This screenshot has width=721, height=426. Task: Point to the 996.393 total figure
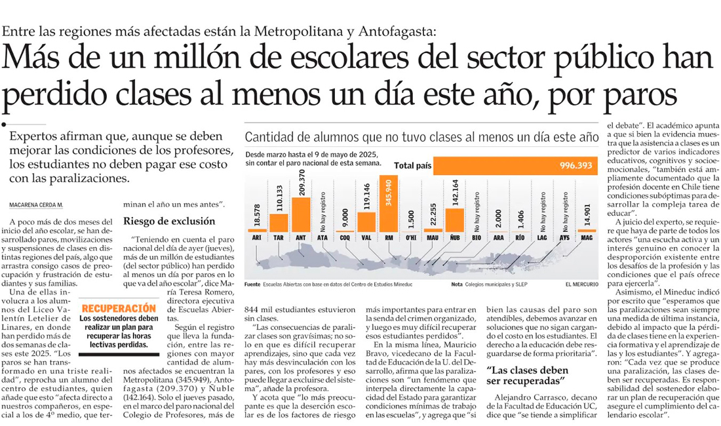575,166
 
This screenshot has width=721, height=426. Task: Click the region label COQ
345,237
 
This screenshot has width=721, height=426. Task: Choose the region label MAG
587,237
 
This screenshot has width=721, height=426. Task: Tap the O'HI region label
410,237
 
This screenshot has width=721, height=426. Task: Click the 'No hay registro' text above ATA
323,205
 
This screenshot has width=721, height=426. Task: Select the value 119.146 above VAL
367,197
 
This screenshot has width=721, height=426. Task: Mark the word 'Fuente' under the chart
252,285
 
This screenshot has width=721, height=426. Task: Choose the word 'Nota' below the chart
457,285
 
